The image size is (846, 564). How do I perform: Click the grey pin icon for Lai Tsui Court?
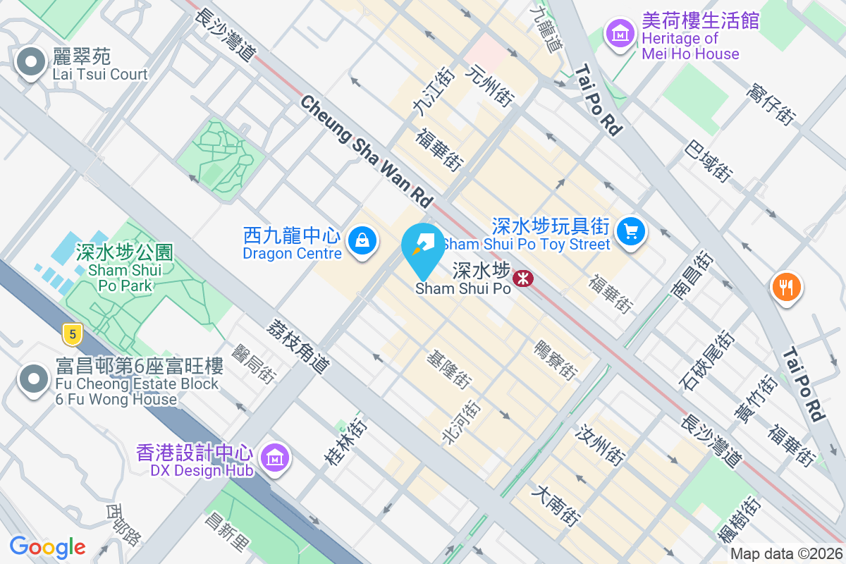point(31,63)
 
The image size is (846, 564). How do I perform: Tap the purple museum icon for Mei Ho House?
point(620,32)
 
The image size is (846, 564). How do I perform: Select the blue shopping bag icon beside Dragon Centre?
point(362,240)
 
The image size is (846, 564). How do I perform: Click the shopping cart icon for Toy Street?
point(630,231)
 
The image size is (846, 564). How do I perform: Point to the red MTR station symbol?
point(523,278)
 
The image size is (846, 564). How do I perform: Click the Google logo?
point(47,547)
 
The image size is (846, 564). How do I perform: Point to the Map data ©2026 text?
point(785,554)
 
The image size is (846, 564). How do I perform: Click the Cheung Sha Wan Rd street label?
point(366,152)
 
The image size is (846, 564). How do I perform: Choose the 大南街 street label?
point(558,504)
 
